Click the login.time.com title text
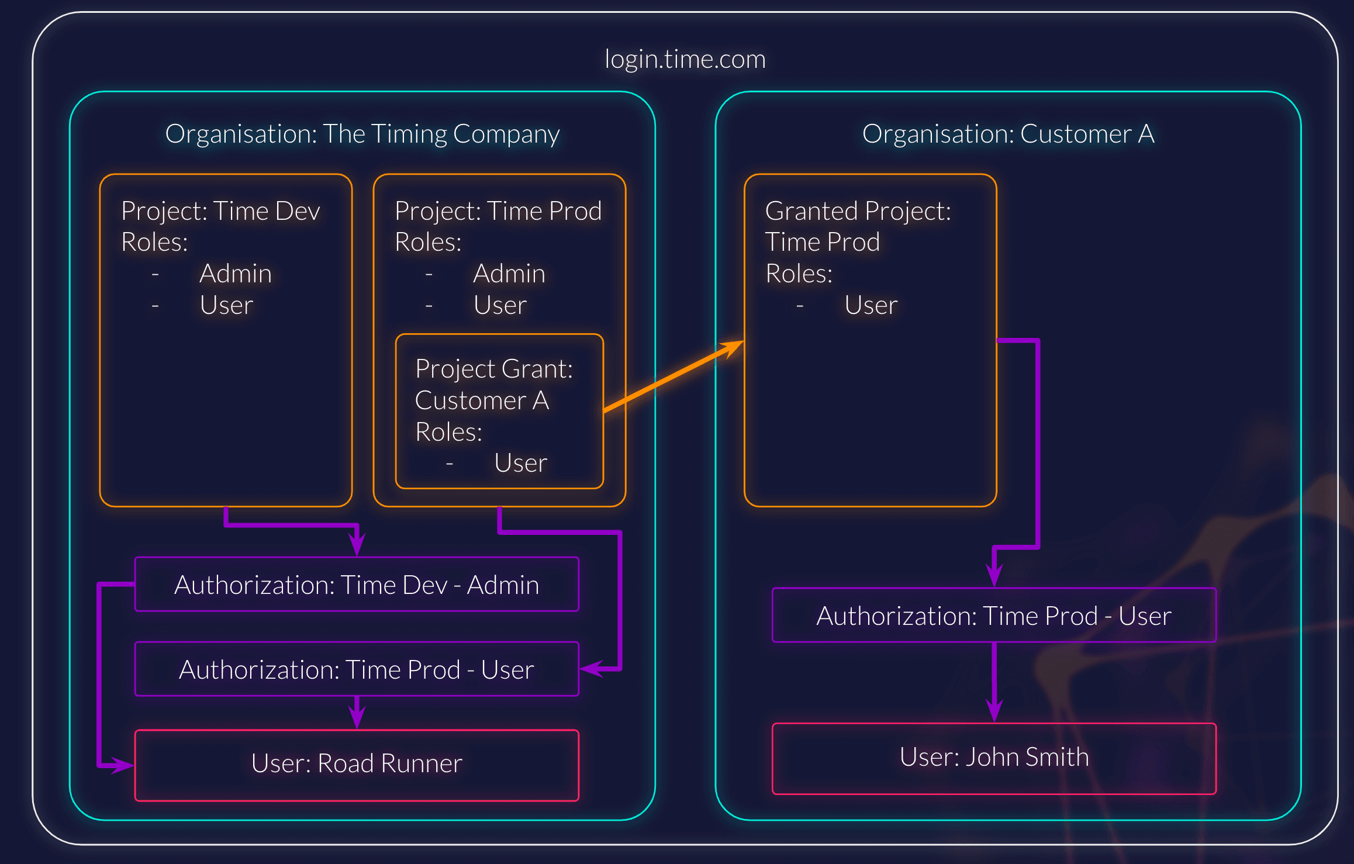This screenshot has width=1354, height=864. (685, 59)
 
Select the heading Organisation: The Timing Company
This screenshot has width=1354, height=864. (362, 134)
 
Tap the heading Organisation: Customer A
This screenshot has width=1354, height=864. (1008, 134)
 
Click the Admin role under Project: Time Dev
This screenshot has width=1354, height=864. (235, 274)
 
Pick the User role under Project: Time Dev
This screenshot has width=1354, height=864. (226, 305)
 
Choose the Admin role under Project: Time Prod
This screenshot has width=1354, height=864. (509, 274)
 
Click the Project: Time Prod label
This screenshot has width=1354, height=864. (498, 211)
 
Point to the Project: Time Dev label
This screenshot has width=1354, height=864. (220, 211)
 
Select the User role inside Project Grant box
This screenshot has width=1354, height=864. (520, 463)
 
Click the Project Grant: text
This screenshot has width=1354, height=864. (493, 369)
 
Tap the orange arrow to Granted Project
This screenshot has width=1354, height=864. (672, 376)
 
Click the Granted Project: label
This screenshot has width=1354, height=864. (858, 211)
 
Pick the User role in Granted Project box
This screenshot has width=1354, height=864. (871, 305)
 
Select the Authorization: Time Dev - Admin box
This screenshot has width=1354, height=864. (357, 585)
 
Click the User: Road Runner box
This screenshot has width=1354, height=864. (357, 764)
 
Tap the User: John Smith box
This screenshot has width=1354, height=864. (994, 758)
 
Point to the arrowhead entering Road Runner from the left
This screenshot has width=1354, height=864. (123, 765)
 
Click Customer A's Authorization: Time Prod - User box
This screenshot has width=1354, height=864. (994, 616)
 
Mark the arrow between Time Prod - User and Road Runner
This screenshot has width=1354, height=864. (357, 712)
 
